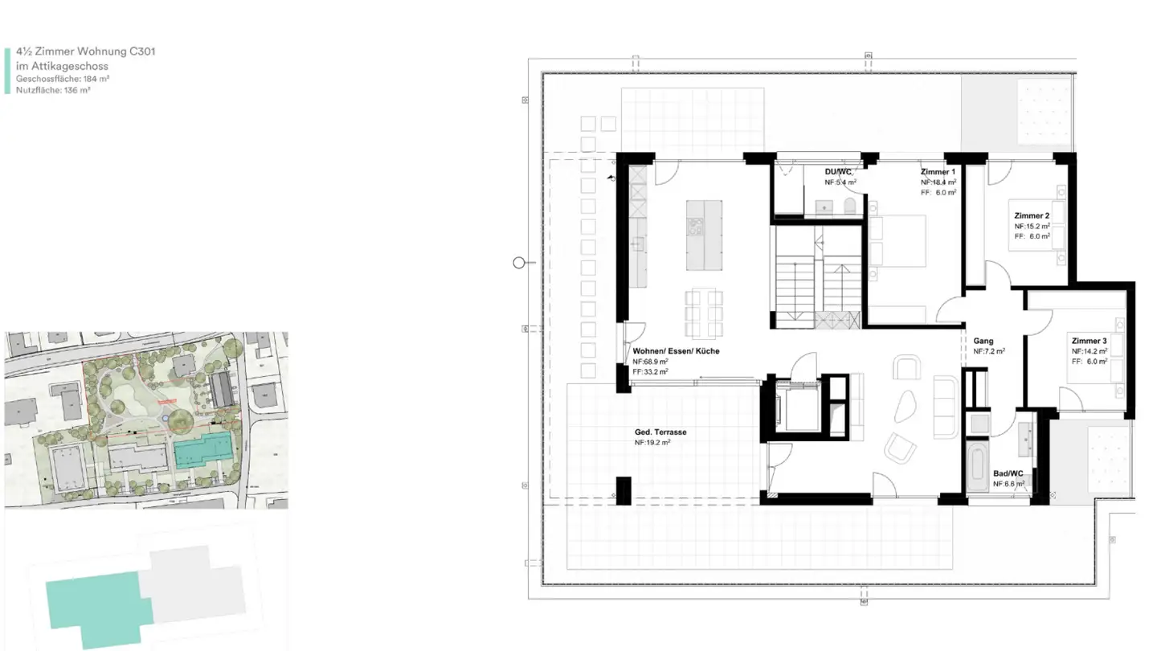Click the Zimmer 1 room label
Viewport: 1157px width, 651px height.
pos(938,172)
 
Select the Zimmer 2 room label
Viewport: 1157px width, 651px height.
pos(1032,216)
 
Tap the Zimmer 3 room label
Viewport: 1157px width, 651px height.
pos(1089,342)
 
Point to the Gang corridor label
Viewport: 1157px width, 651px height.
pos(983,341)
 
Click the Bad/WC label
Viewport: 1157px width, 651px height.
pos(1008,474)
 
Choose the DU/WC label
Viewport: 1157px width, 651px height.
pos(839,172)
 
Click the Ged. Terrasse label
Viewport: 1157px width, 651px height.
pos(660,432)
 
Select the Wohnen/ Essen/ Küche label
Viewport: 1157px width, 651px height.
pos(676,351)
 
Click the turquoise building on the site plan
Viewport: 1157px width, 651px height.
pos(204,450)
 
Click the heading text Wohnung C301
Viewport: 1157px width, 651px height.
pos(85,51)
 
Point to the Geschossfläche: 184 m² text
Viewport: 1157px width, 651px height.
pos(63,79)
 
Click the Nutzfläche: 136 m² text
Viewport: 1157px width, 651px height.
pos(53,91)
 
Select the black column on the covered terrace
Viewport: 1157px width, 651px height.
pos(623,490)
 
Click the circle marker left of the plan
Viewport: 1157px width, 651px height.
pos(519,263)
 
